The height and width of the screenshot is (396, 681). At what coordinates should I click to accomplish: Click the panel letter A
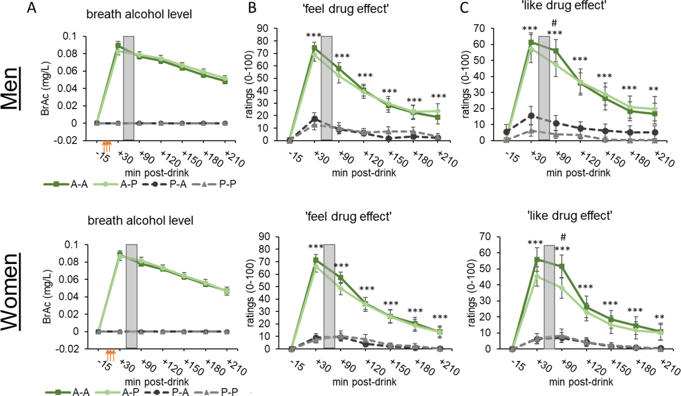[32, 8]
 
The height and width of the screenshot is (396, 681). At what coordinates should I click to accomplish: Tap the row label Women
[10, 292]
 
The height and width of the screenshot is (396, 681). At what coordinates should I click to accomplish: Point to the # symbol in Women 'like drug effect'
[563, 237]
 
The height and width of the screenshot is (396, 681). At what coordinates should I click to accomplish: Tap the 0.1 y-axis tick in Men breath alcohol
[70, 36]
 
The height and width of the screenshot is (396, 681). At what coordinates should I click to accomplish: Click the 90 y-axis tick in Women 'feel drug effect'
[264, 237]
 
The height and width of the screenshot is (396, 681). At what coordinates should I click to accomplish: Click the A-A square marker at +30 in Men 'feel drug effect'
[314, 48]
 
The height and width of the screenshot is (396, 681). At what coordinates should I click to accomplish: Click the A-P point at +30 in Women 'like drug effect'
[537, 276]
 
